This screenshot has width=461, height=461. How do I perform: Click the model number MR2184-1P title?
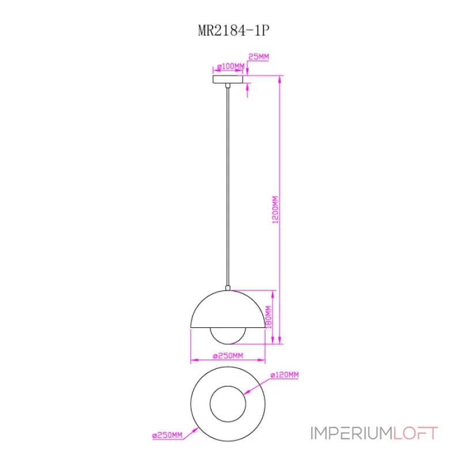click(234, 30)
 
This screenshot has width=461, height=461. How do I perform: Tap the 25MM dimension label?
click(258, 56)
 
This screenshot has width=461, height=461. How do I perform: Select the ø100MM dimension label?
click(231, 66)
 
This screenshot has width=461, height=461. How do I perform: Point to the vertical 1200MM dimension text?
click(275, 210)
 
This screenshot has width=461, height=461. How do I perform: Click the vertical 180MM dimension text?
click(269, 317)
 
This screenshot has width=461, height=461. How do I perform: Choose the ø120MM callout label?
click(285, 375)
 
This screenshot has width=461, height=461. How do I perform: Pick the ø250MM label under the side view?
click(228, 356)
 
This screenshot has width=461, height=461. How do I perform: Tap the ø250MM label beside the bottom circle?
click(167, 435)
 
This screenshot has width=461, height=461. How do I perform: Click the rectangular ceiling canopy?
click(228, 79)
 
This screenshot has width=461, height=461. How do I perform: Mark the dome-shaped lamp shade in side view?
click(228, 309)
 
